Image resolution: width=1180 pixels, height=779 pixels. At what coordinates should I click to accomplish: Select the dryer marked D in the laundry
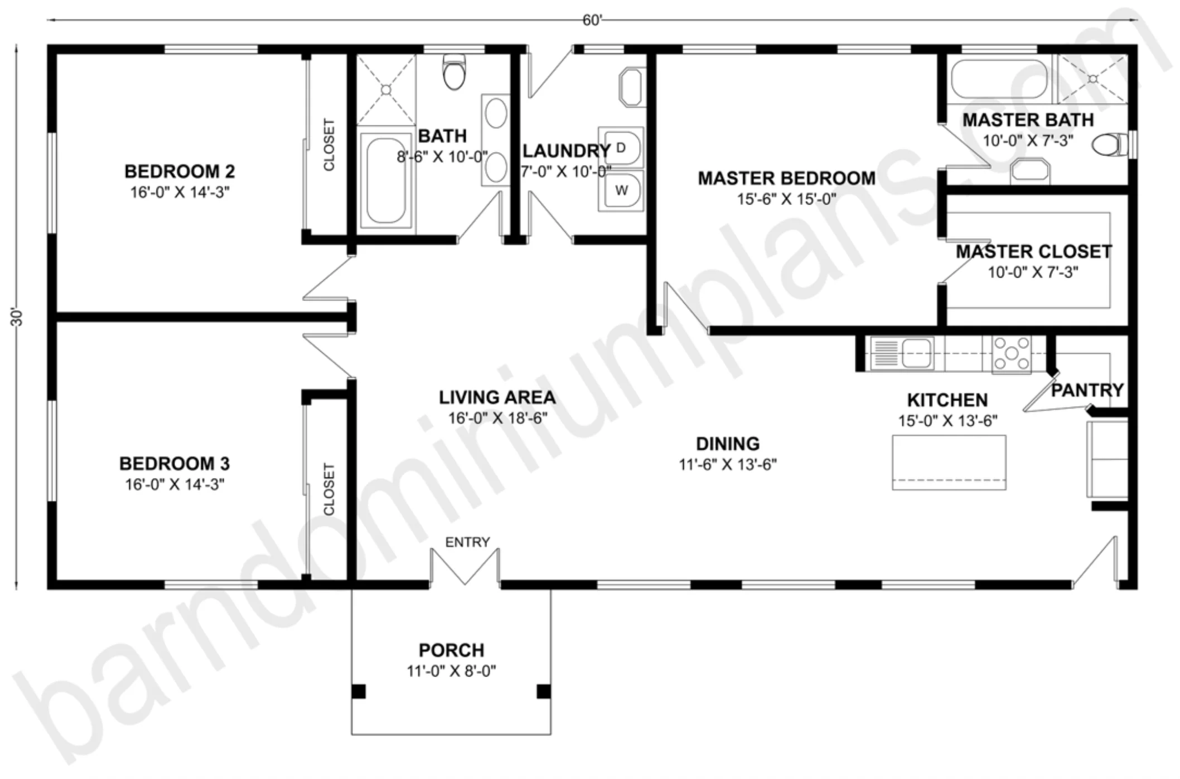pyautogui.click(x=621, y=148)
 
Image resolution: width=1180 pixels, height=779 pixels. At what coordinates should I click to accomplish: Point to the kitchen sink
pyautogui.click(x=902, y=353)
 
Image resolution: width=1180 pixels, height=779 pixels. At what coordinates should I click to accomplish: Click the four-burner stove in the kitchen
pyautogui.click(x=1011, y=354)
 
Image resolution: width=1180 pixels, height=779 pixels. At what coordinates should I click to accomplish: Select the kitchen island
pyautogui.click(x=949, y=462)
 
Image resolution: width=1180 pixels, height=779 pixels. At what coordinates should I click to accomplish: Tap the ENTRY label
pyautogui.click(x=467, y=542)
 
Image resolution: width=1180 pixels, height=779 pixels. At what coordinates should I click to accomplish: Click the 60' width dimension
pyautogui.click(x=592, y=20)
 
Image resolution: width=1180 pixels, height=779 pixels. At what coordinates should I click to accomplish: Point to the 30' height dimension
pyautogui.click(x=17, y=317)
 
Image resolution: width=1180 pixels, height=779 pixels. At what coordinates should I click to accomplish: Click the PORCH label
pyautogui.click(x=451, y=650)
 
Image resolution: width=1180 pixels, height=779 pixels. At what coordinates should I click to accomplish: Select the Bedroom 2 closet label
pyautogui.click(x=329, y=145)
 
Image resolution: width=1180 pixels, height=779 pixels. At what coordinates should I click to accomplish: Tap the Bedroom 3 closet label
pyautogui.click(x=329, y=489)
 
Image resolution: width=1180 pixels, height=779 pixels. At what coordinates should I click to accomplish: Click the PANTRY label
pyautogui.click(x=1087, y=390)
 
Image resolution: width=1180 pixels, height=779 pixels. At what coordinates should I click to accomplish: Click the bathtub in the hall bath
pyautogui.click(x=386, y=179)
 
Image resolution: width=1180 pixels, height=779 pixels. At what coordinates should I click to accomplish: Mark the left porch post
pyautogui.click(x=359, y=692)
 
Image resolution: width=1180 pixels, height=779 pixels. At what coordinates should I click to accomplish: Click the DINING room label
pyautogui.click(x=728, y=444)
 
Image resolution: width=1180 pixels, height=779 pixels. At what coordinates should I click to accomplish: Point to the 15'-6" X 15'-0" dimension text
pyautogui.click(x=786, y=199)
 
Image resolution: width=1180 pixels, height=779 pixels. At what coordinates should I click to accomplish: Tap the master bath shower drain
pyautogui.click(x=1093, y=79)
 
